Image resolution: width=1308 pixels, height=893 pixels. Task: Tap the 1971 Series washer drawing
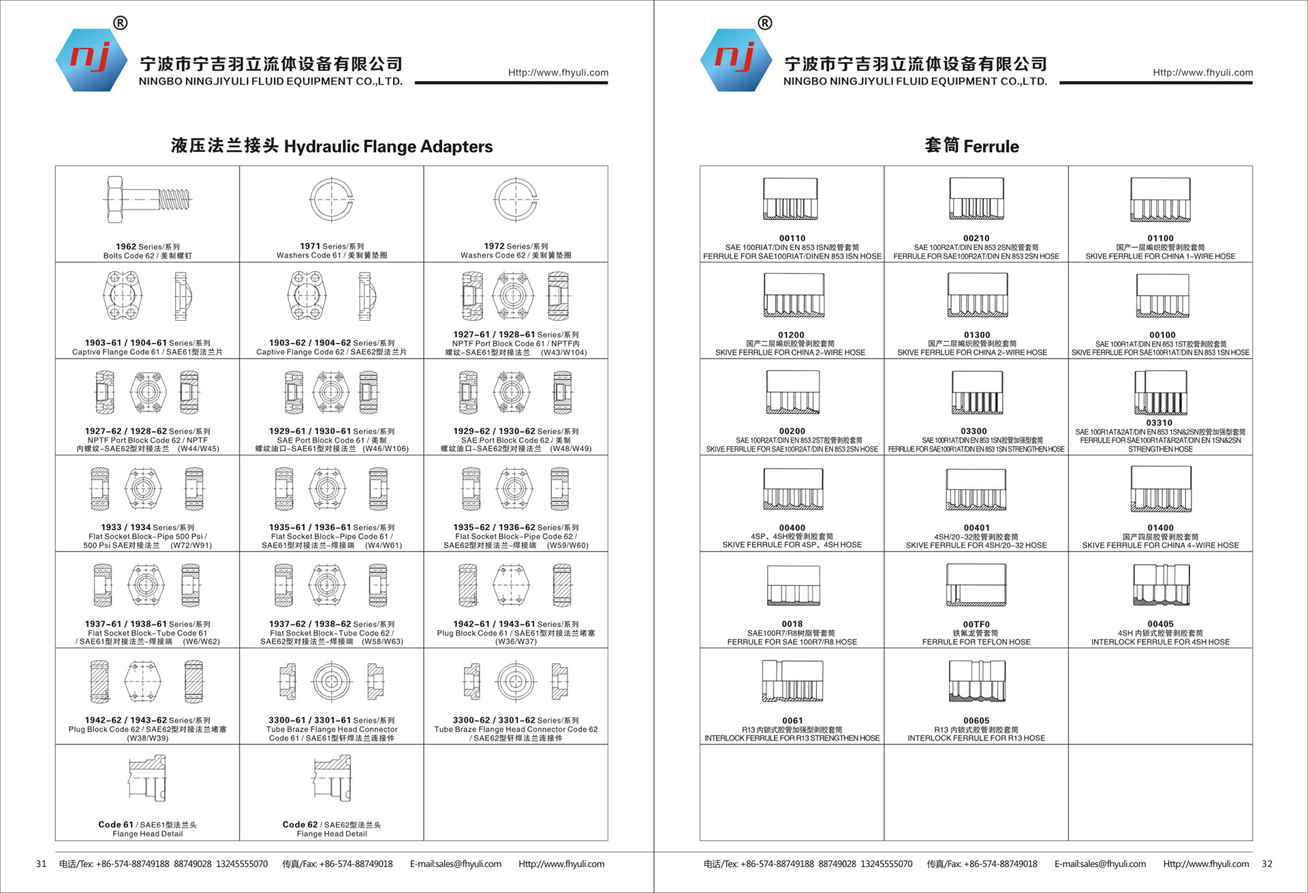pos(332,200)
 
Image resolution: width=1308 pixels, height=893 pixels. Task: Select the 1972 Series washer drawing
pos(516,200)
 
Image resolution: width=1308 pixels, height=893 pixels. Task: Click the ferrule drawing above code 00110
pos(791,199)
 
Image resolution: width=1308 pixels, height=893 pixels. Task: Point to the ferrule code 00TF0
pos(976,624)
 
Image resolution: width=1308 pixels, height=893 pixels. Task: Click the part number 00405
pos(1160,624)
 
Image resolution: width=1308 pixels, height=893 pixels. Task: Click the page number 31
pos(42,864)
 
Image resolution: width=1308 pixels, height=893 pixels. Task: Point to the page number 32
pos(1266,864)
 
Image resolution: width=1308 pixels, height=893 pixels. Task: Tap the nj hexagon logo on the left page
pos(91,60)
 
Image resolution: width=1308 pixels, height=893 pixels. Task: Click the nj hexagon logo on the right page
pos(736,60)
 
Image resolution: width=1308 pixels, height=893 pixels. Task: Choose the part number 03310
pos(1159,422)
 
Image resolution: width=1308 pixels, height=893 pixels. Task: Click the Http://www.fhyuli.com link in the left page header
pos(558,73)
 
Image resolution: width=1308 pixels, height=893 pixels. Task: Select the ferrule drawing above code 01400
pos(1160,489)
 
